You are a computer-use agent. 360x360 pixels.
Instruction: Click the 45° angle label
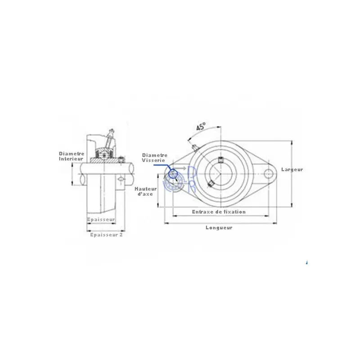point(201,126)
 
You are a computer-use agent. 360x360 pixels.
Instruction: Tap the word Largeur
point(292,170)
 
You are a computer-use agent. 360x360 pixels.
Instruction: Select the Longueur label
point(219,228)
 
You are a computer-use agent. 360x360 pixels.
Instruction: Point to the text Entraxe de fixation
point(219,211)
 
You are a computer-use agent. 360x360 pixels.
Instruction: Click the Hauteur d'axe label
point(145,191)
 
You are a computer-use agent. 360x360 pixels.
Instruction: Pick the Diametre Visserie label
point(154,158)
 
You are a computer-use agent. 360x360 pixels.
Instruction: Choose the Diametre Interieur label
point(72,156)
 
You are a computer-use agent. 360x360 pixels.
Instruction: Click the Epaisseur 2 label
point(106,235)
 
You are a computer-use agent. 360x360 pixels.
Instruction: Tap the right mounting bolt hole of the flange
point(268,174)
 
